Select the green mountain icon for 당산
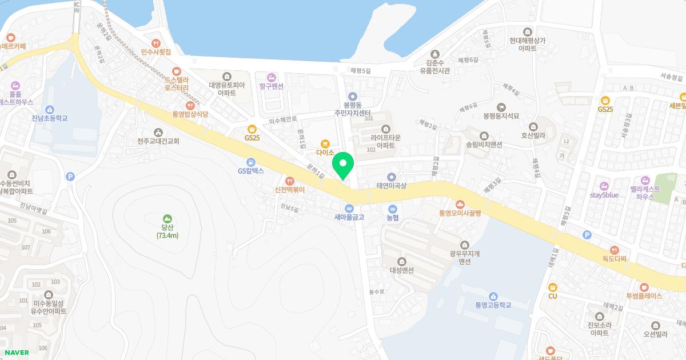coord(167,218)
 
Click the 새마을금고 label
coord(349,217)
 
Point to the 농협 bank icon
coord(392,208)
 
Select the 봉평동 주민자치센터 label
coord(353,109)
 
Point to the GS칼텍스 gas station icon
coord(250,162)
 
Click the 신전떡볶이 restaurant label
coord(289,189)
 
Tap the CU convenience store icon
coord(552,287)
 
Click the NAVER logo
coord(16,353)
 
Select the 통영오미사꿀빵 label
coord(461,213)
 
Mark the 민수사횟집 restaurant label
coord(156,51)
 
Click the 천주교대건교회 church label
coord(158,141)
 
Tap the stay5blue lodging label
coord(604,195)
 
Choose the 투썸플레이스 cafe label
coord(644,296)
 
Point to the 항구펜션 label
coord(272,86)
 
